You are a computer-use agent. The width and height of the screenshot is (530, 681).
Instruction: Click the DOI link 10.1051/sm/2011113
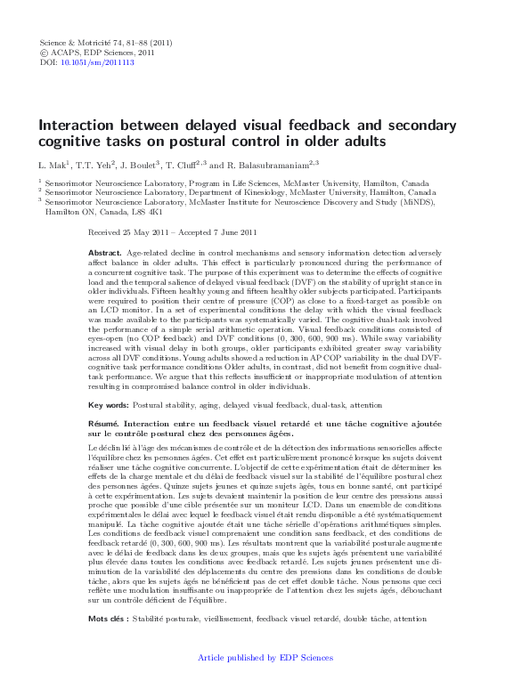click(103, 63)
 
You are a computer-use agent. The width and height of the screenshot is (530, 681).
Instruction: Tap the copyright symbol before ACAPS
click(45, 53)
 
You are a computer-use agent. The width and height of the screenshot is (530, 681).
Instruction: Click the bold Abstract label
click(104, 253)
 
